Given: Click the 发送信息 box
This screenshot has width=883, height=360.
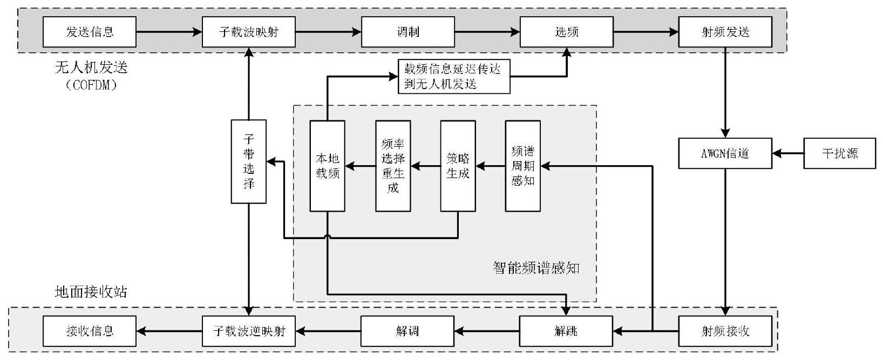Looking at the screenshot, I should tap(90, 32).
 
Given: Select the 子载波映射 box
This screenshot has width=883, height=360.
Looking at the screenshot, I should tap(249, 32).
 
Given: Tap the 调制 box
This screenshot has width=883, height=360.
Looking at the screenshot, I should tap(408, 32).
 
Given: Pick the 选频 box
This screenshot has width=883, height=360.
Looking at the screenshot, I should tap(567, 32).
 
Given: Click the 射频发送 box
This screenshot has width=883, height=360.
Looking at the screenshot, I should tap(725, 32).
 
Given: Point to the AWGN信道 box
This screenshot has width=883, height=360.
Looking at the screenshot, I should tap(725, 153).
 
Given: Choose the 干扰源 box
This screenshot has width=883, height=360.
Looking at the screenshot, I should tap(840, 153).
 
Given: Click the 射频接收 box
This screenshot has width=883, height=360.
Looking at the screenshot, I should tap(725, 331).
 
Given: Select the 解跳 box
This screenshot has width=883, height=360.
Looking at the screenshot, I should tap(567, 331).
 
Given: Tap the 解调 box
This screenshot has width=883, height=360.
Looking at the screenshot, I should tap(408, 331).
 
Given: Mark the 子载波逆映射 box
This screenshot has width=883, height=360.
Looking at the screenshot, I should tap(249, 331).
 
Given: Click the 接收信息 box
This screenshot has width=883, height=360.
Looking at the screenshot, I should tap(90, 331).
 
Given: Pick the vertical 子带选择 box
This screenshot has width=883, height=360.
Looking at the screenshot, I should tap(249, 161).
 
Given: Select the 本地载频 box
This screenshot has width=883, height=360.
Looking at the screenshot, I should tap(328, 166).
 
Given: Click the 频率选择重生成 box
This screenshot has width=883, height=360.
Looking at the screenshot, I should tap(393, 166).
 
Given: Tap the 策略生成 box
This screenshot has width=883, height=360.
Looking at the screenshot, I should tap(458, 166).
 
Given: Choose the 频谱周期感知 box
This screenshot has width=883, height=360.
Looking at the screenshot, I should tap(523, 166).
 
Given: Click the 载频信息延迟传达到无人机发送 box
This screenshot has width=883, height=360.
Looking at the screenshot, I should tap(454, 76).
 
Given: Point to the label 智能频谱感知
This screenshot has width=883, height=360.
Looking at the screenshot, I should tap(536, 268).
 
